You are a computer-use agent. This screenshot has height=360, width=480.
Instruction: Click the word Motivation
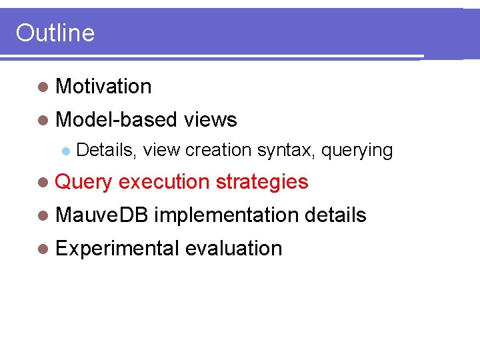point(104,87)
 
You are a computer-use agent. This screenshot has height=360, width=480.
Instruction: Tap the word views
point(210,120)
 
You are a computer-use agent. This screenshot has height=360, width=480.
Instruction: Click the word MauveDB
point(103,215)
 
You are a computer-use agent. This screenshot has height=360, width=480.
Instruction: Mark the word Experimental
point(117,249)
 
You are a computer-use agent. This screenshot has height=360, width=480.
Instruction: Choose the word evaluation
point(233,249)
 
